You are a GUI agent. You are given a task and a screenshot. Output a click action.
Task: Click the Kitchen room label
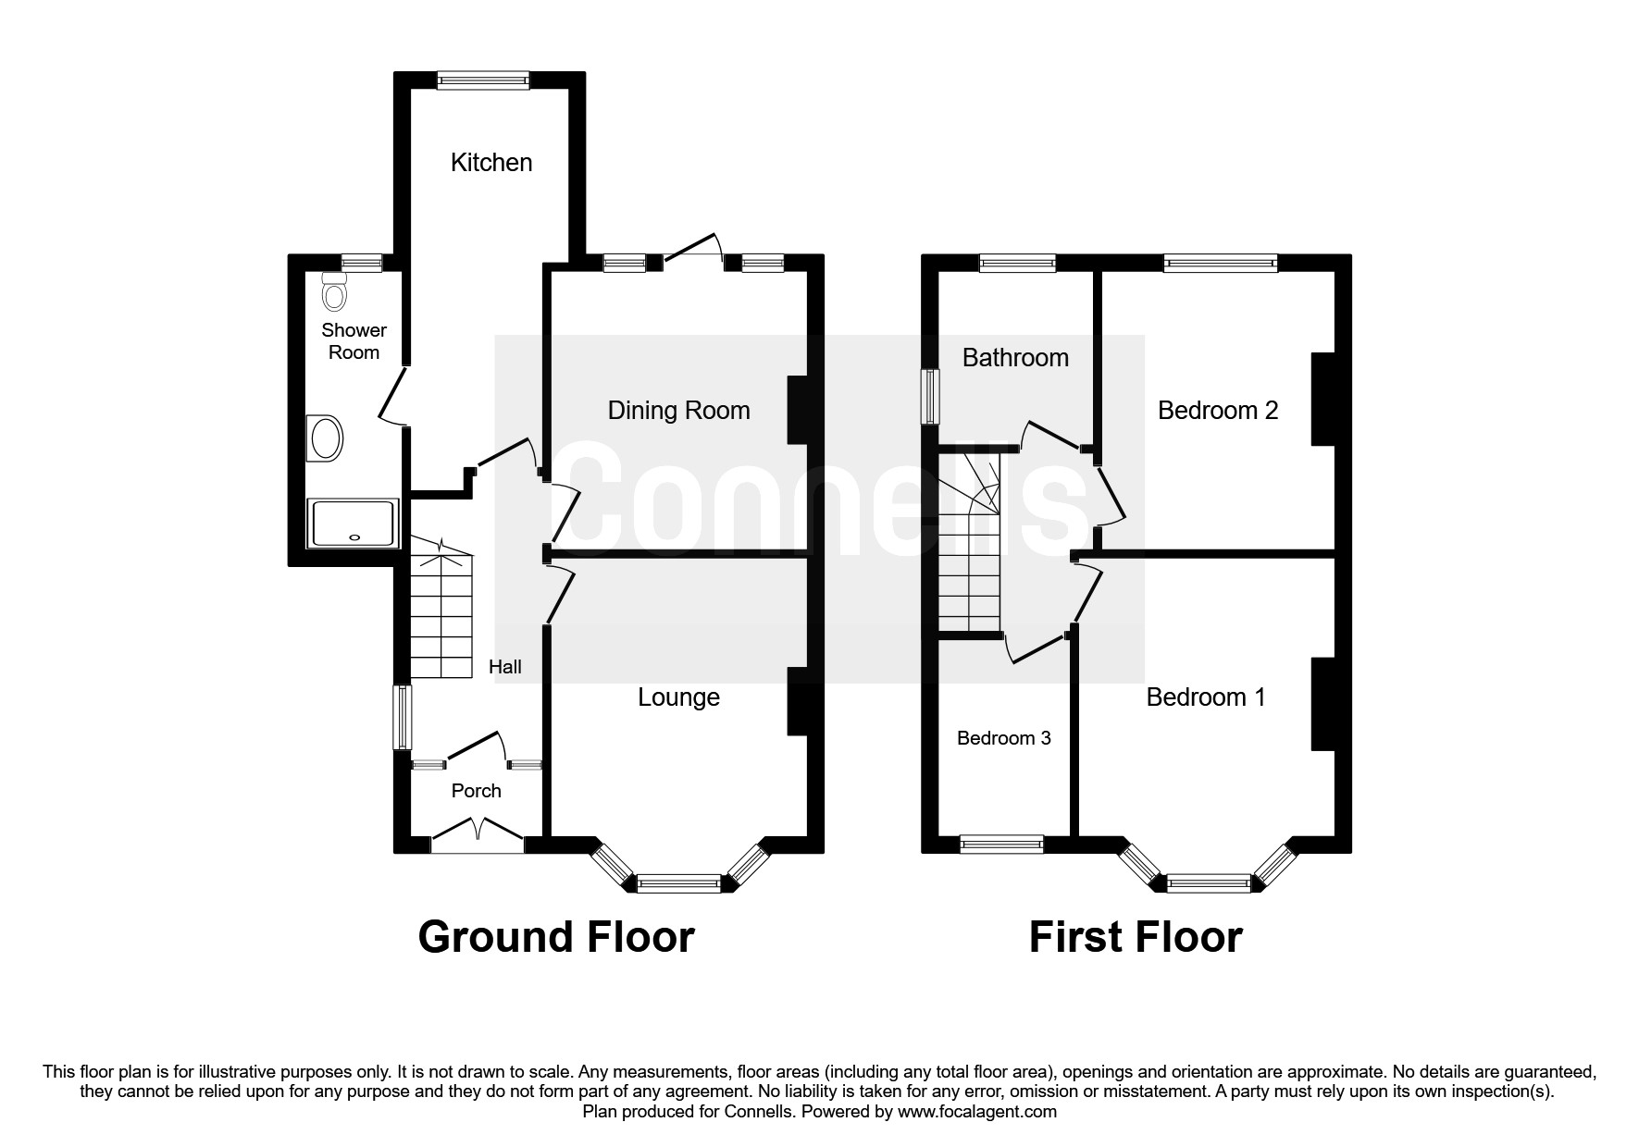pyautogui.click(x=491, y=163)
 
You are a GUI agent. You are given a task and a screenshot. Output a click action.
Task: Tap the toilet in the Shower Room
pyautogui.click(x=333, y=291)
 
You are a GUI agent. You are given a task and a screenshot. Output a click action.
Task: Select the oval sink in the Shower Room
pyautogui.click(x=325, y=438)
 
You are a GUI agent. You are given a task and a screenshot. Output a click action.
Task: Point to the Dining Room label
pyautogui.click(x=678, y=411)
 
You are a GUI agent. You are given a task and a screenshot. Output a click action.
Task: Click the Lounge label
pyautogui.click(x=678, y=697)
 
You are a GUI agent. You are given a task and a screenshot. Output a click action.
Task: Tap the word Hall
pyautogui.click(x=505, y=667)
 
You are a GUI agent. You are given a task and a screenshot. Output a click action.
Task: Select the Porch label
pyautogui.click(x=476, y=791)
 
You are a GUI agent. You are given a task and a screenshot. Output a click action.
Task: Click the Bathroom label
pyautogui.click(x=1015, y=358)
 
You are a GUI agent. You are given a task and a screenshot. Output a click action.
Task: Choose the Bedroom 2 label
pyautogui.click(x=1218, y=411)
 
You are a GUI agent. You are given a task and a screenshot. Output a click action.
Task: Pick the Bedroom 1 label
pyautogui.click(x=1205, y=697)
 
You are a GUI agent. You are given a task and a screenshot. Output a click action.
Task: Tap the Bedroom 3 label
pyautogui.click(x=1003, y=738)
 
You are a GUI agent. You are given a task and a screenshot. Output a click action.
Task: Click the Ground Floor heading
pyautogui.click(x=556, y=937)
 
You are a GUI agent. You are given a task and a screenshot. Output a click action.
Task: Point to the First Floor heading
pyautogui.click(x=1136, y=937)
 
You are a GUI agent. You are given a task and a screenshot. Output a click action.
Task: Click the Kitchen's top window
pyautogui.click(x=483, y=80)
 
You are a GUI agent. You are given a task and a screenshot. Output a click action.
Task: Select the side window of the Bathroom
pyautogui.click(x=929, y=398)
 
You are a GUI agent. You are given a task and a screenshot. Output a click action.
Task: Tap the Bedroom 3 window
pyautogui.click(x=1002, y=843)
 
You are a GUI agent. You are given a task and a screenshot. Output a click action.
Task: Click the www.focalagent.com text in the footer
pyautogui.click(x=976, y=1112)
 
